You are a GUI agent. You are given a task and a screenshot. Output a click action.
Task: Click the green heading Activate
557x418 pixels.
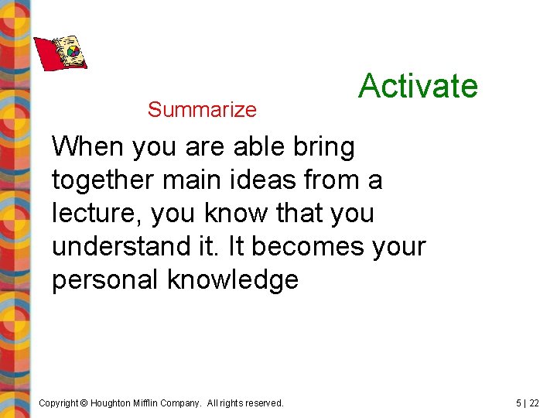pos(418,85)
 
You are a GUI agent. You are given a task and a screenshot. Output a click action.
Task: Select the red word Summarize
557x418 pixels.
pos(202,110)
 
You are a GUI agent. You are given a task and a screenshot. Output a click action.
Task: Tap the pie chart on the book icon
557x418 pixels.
pos(73,53)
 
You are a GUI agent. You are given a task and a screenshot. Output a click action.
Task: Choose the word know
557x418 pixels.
pos(237,214)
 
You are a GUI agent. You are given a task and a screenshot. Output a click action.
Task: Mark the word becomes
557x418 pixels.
pos(307,247)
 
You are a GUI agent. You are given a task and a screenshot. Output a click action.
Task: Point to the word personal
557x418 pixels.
pos(105,280)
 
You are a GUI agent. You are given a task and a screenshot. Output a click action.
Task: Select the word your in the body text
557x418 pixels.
pos(398,247)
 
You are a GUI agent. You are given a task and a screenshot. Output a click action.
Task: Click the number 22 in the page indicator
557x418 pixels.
pos(535,403)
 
